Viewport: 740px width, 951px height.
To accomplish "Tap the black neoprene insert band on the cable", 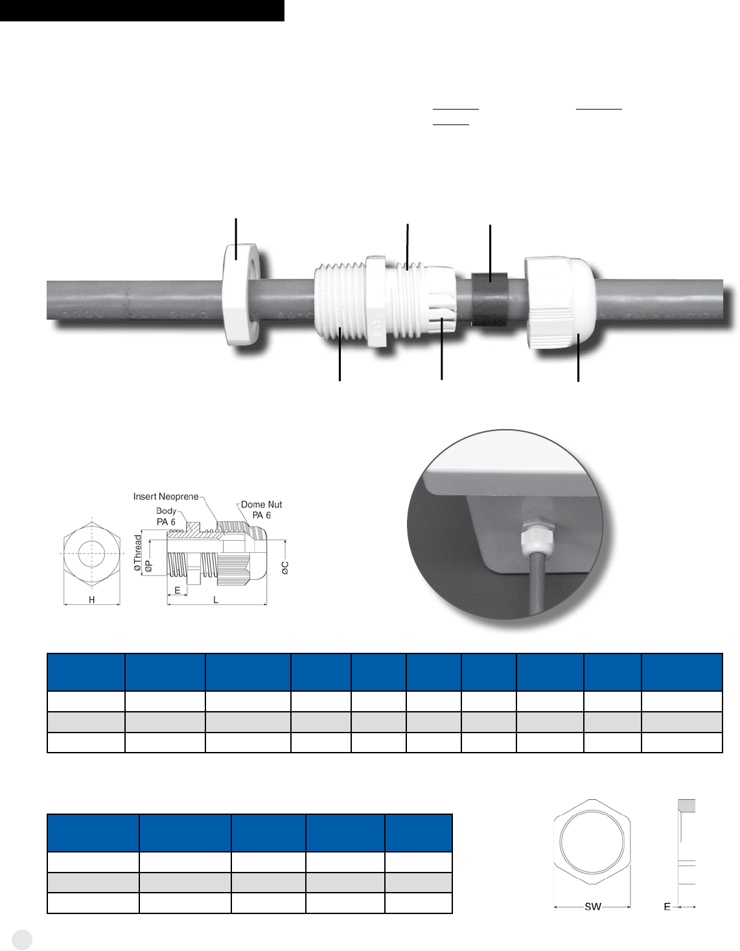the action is pos(489,299).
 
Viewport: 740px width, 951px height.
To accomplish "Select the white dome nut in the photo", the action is pos(560,303).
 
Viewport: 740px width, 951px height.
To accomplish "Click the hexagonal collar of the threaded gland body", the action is pos(376,301).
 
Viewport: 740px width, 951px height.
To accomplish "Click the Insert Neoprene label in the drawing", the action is pos(166,497).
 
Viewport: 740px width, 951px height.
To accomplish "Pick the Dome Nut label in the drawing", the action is pos(262,504).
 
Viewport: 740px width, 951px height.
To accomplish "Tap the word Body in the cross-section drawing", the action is pos(166,511).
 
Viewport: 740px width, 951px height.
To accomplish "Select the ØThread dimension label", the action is pos(138,553).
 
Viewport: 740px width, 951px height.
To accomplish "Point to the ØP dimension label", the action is pos(148,566).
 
